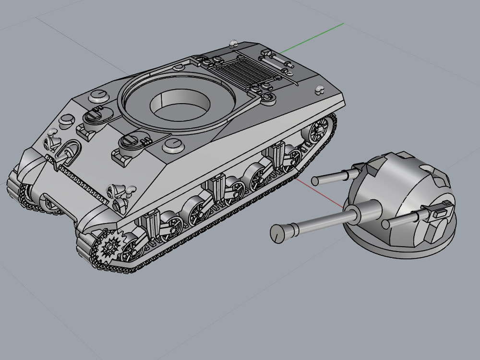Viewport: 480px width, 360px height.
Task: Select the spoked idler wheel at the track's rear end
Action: pos(318,130)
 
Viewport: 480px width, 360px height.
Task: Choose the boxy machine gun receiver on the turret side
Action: pos(441,210)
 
